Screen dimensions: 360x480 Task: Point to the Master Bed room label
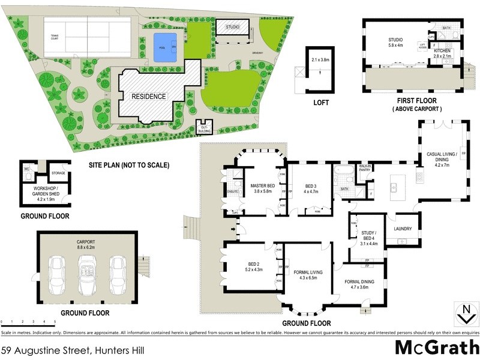click(262, 188)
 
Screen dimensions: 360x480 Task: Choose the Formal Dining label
click(362, 284)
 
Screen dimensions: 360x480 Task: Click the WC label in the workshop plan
click(26, 169)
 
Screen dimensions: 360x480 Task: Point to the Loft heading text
click(321, 103)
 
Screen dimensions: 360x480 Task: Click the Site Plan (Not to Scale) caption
click(129, 165)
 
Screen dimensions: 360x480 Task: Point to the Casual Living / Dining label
click(442, 157)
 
